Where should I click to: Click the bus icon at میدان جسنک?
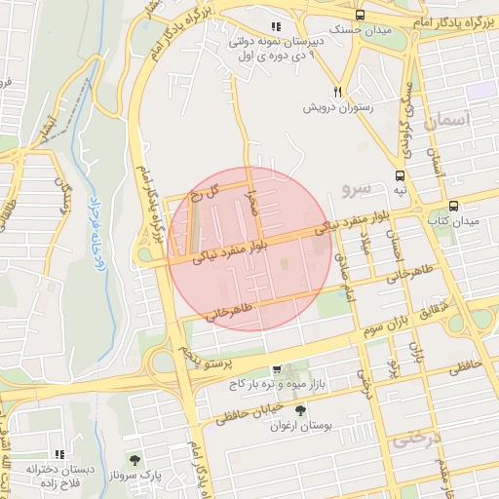pyautogui.click(x=361, y=16)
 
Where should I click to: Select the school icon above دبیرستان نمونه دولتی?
pyautogui.click(x=276, y=26)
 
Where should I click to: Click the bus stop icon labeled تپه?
pyautogui.click(x=399, y=177)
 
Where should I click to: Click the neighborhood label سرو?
pyautogui.click(x=357, y=185)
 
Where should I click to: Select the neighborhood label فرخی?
pyautogui.click(x=414, y=441)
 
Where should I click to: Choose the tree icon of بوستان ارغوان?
pyautogui.click(x=300, y=410)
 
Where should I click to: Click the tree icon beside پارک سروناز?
pyautogui.click(x=134, y=459)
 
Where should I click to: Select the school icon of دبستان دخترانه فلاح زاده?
pyautogui.click(x=60, y=453)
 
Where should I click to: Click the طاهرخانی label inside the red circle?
pyautogui.click(x=229, y=310)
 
